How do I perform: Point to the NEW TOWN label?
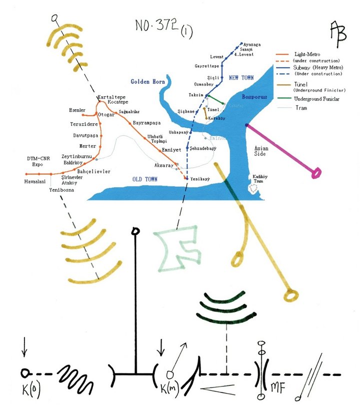(x=241, y=78)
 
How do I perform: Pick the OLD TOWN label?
(x=145, y=179)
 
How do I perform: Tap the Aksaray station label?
(x=163, y=165)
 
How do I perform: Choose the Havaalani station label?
(x=35, y=181)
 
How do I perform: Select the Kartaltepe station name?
(x=111, y=97)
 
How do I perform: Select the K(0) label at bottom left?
(x=31, y=388)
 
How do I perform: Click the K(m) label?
(x=171, y=388)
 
